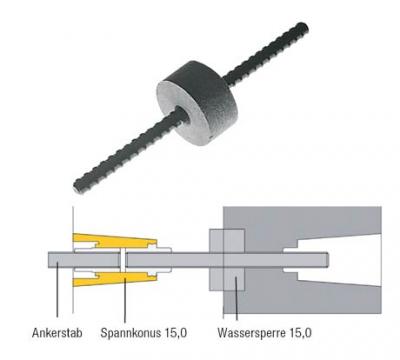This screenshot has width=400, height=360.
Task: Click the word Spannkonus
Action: click(x=123, y=331)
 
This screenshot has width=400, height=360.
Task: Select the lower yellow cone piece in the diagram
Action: click(x=110, y=281)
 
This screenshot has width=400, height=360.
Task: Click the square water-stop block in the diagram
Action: click(x=225, y=259)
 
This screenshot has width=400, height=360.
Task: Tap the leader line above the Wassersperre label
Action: click(x=237, y=300)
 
